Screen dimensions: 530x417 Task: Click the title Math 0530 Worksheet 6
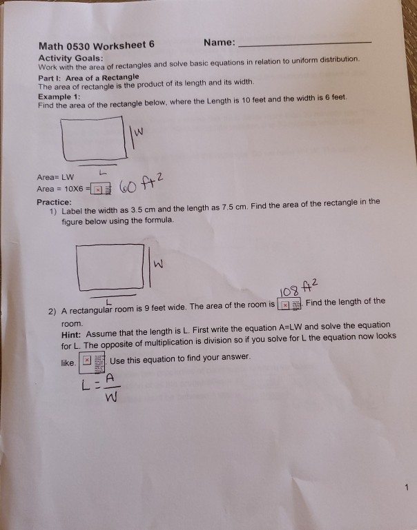[96, 46]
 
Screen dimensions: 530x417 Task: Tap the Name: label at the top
[220, 43]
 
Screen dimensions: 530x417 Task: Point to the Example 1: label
[60, 97]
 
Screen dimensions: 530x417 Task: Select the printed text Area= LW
[55, 176]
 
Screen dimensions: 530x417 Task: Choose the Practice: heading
[55, 202]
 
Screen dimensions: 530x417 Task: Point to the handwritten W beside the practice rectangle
[158, 263]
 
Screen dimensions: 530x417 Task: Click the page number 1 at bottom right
[408, 488]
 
